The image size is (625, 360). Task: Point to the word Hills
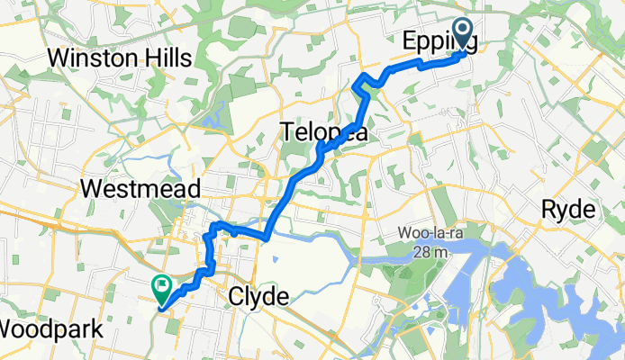point(168,58)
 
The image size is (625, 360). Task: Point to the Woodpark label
point(52,328)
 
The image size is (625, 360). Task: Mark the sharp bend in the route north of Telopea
point(361,86)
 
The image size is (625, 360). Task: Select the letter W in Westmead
point(90,190)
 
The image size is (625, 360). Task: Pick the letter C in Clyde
point(237,296)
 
